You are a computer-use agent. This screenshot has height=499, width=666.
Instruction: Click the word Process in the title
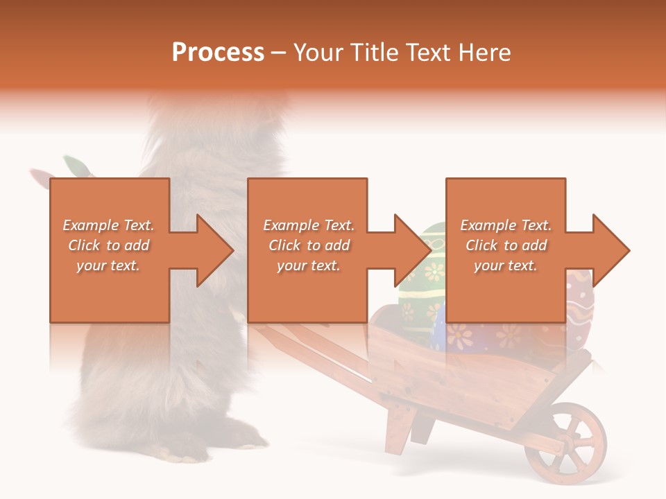tap(218, 52)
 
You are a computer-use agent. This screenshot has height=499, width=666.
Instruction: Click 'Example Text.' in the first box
tap(108, 225)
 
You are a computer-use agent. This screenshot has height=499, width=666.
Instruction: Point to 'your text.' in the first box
tap(108, 265)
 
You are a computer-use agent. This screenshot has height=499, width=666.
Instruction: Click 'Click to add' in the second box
tap(309, 245)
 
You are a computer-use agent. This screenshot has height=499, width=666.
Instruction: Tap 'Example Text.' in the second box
tap(309, 225)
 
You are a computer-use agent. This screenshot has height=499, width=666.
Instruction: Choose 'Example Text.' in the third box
tap(506, 225)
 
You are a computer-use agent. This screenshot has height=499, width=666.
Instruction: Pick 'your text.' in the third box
tap(506, 265)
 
